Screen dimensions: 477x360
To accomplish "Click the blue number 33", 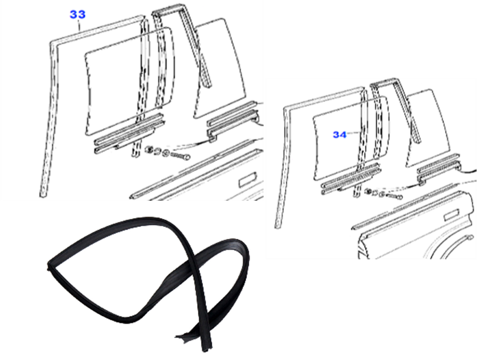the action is (78, 14).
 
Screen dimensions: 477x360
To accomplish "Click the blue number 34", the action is (339, 135).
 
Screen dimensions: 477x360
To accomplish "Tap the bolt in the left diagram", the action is (181, 156).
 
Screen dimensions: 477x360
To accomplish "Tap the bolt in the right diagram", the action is (395, 196).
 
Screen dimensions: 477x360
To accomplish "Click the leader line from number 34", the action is (354, 132).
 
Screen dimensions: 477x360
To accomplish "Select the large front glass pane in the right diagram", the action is (350, 138).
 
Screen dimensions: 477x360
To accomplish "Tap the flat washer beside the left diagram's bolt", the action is (166, 153).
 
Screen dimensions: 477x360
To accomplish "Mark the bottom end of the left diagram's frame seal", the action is (43, 195).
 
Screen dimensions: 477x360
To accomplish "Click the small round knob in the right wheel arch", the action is (471, 237).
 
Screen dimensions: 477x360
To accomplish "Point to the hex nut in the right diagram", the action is (368, 192).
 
